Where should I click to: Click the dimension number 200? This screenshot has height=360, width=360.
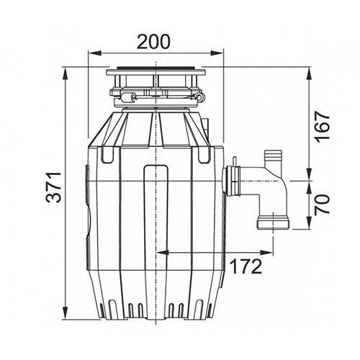(x=153, y=42)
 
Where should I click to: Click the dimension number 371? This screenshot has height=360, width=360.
(x=54, y=187)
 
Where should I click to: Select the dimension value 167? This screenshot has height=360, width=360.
(x=323, y=127)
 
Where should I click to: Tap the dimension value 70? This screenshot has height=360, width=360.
(x=323, y=204)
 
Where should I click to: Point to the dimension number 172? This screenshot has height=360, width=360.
(x=246, y=267)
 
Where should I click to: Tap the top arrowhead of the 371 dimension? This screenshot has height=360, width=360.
(x=65, y=74)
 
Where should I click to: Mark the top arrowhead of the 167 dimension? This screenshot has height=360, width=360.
(x=310, y=73)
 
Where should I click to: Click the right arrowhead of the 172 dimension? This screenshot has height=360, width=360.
(x=266, y=252)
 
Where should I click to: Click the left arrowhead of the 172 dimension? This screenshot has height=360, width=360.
(x=163, y=252)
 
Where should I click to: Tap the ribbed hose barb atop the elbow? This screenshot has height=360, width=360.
(x=273, y=158)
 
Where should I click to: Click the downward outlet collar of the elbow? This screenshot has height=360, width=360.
(x=273, y=222)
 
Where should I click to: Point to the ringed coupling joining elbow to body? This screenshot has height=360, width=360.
(x=232, y=181)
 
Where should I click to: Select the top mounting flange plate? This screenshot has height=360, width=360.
(x=156, y=72)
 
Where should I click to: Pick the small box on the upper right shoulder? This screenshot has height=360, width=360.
(x=206, y=127)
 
